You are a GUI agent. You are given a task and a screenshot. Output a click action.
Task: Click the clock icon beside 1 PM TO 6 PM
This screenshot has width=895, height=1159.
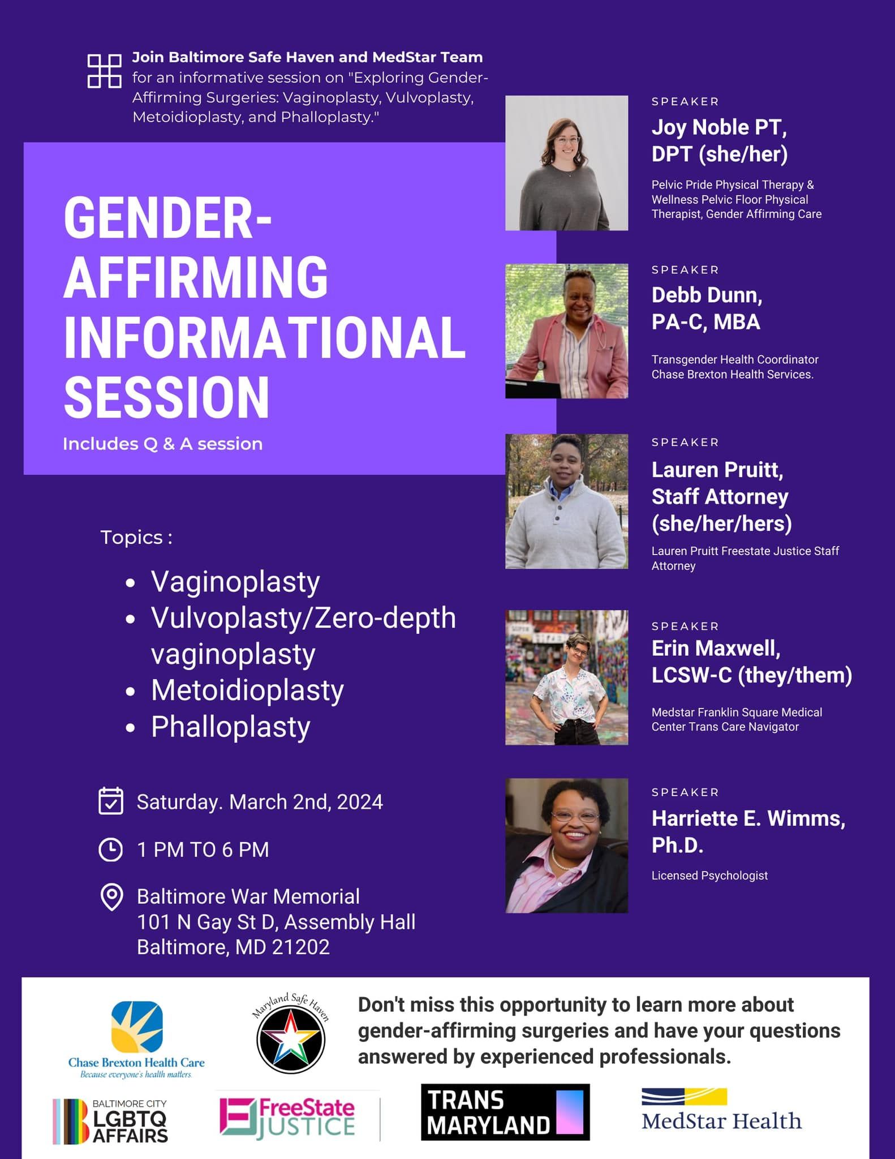110,849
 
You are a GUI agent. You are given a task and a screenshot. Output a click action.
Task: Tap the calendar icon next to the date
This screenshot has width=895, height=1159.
110,801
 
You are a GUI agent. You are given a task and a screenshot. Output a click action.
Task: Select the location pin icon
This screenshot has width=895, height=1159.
111,897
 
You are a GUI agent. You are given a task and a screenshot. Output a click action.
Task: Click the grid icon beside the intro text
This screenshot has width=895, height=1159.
105,71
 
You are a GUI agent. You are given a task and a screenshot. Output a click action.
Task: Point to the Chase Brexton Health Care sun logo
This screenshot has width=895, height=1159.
137,1027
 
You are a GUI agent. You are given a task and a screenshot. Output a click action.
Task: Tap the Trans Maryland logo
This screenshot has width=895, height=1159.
505,1112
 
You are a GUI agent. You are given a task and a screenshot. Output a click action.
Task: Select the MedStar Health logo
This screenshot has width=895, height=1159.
721,1110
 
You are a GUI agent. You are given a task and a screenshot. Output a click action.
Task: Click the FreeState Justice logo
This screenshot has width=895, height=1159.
287,1118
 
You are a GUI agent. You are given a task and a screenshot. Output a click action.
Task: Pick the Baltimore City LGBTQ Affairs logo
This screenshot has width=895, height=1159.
110,1121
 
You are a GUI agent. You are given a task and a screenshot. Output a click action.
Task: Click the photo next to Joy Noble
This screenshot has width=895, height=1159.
566,163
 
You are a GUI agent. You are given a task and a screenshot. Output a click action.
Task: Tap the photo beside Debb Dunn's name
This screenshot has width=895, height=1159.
566,331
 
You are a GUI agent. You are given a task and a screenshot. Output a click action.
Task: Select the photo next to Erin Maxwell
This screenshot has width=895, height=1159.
566,677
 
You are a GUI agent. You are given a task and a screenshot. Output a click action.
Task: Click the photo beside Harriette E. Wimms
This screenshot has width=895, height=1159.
566,845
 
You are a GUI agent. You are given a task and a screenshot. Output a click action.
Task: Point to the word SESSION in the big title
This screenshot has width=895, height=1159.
167,397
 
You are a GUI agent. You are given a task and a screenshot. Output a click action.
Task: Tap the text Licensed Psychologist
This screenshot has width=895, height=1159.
709,875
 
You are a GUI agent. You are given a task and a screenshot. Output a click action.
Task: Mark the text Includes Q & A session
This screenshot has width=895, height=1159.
162,444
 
